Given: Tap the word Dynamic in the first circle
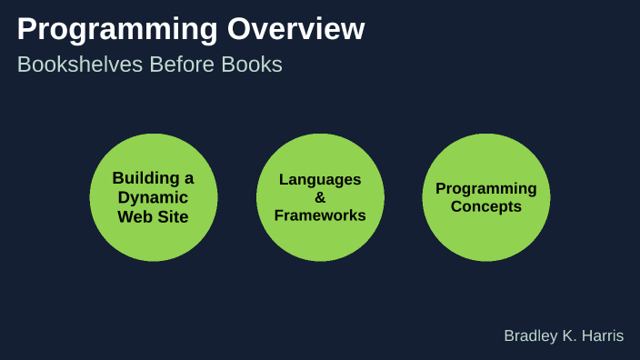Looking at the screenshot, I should tap(153, 197).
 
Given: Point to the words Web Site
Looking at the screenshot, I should tap(153, 216).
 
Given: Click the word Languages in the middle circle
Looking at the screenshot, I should tap(320, 179).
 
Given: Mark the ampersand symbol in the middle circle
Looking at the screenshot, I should tap(320, 197).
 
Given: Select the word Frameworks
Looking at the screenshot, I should tap(320, 215).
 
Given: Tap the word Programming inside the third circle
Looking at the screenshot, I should tap(486, 188).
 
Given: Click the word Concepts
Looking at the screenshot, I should tap(486, 206).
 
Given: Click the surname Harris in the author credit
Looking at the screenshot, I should tap(603, 336).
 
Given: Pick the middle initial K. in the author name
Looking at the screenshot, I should tap(570, 336).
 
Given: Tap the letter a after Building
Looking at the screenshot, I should tap(188, 178).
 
